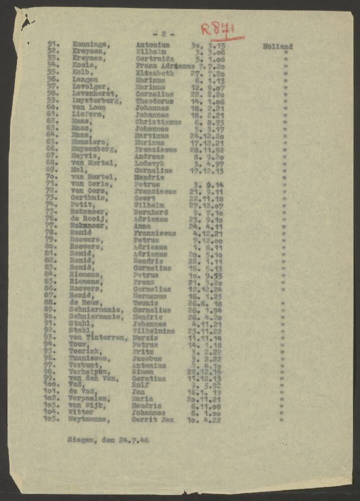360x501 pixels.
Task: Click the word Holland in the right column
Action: click(x=277, y=47)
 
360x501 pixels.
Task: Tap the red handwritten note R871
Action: click(x=219, y=30)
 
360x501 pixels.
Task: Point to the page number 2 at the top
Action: click(x=163, y=34)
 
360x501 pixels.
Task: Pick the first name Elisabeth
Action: click(x=154, y=73)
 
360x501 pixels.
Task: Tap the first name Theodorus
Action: click(x=154, y=101)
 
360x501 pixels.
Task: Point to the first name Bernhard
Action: click(x=151, y=212)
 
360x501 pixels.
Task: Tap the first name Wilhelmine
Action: click(x=152, y=331)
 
